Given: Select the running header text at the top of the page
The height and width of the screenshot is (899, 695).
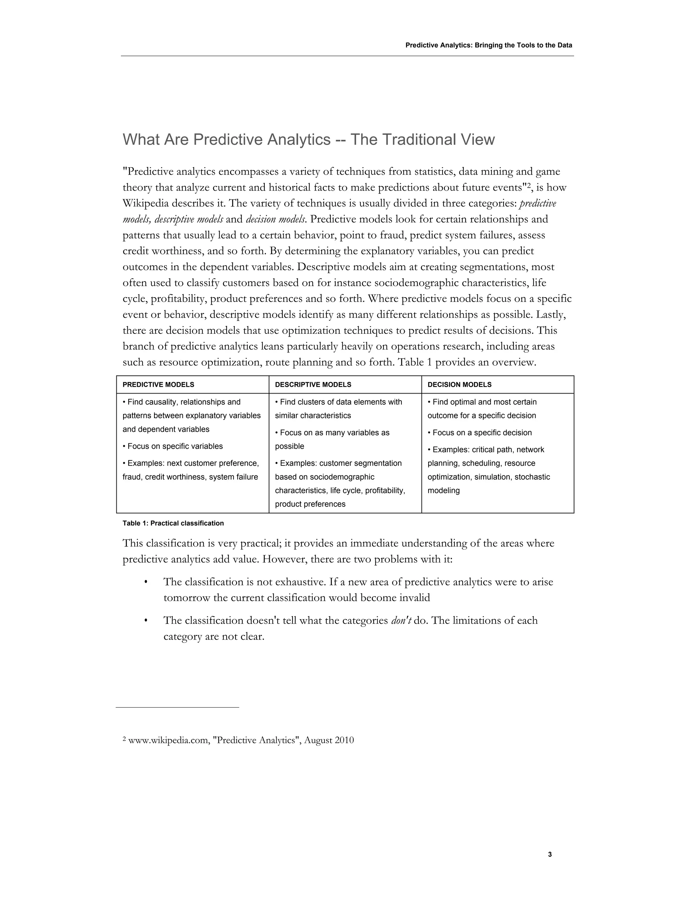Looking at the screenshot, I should (x=489, y=45).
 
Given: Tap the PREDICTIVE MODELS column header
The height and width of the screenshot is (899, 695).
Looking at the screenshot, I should (x=158, y=384).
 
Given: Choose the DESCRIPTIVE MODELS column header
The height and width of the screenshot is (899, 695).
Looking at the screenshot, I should (x=313, y=384).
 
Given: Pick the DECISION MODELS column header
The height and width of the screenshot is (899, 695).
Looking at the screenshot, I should (x=459, y=384).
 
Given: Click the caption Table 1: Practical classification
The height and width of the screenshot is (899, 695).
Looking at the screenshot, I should (x=173, y=523).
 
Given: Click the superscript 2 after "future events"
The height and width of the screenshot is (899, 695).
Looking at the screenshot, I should (x=529, y=185).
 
